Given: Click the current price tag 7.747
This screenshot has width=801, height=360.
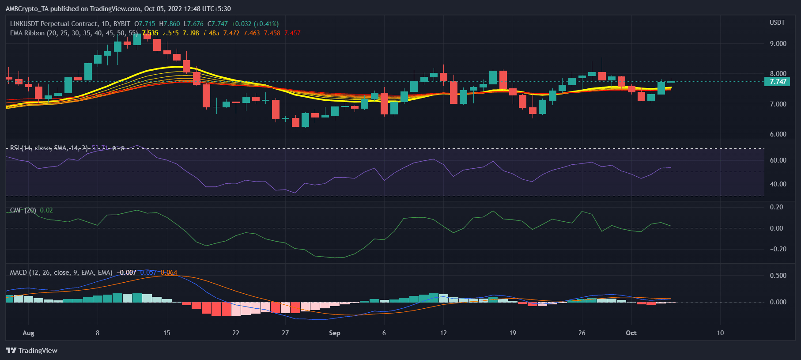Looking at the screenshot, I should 778,82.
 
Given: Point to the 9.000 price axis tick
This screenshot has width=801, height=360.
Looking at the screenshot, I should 778,44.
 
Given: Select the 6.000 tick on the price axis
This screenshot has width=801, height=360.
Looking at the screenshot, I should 778,134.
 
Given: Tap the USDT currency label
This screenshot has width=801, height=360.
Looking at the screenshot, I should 777,23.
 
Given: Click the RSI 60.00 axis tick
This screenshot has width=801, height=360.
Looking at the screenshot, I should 778,160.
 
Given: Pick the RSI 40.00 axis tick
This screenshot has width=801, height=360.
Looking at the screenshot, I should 778,184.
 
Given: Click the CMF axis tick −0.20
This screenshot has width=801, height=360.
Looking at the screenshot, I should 778,249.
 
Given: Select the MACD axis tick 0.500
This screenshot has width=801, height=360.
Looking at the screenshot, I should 778,276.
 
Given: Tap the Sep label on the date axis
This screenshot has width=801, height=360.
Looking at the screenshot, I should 334,333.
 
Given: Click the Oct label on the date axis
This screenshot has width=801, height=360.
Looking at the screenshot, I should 631,333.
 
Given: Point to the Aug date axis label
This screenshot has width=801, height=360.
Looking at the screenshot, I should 28,333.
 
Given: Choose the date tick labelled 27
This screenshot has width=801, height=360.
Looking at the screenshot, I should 285,333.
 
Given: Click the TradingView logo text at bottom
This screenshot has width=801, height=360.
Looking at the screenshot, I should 38,351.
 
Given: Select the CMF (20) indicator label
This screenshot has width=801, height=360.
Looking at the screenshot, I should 23,210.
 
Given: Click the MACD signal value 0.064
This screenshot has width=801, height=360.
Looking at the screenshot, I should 169,273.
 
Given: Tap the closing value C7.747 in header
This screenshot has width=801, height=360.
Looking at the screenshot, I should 218,24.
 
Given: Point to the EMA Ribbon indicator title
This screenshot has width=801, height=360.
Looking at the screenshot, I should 27,33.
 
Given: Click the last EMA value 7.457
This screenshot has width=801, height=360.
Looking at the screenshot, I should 292,33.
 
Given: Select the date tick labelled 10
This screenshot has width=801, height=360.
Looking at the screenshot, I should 720,333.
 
